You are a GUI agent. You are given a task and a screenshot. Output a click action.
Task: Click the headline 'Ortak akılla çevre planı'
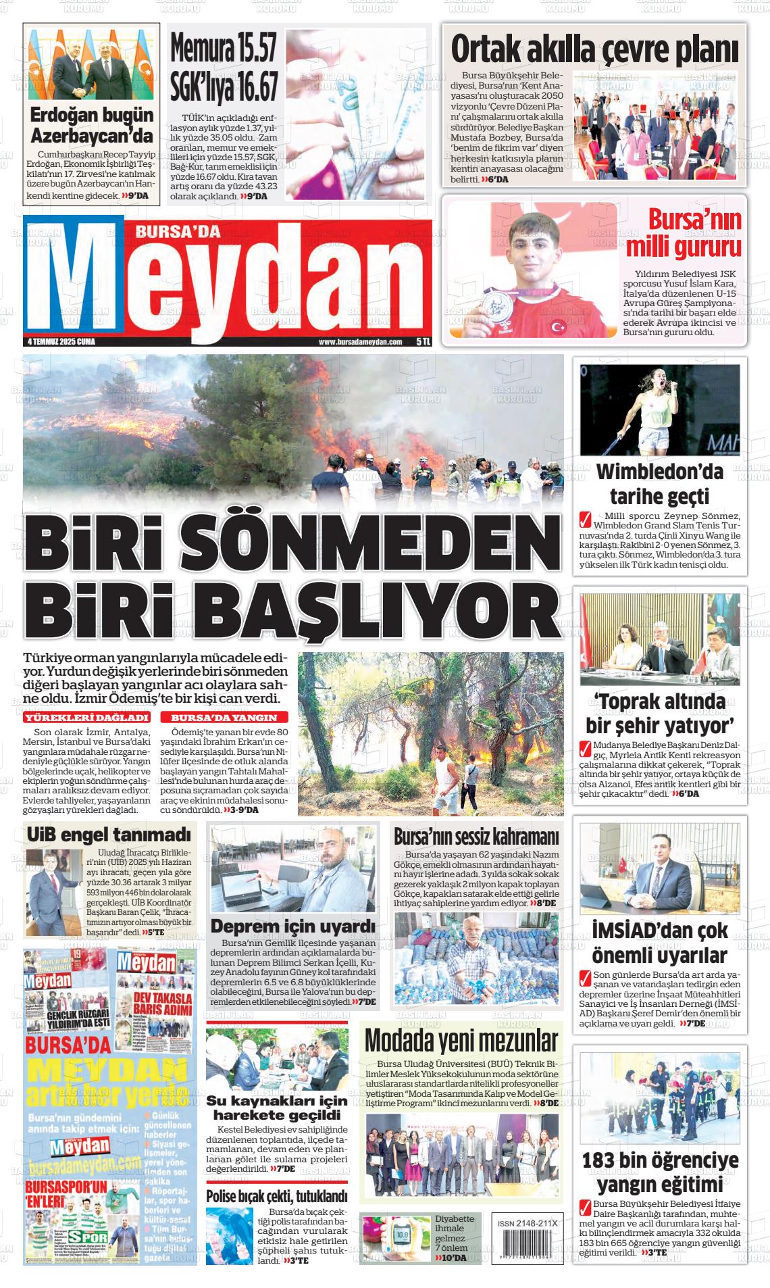point(594,49)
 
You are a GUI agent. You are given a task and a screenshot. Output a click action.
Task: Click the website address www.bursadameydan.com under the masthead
point(360,342)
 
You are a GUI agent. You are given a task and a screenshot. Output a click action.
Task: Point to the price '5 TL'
point(423,342)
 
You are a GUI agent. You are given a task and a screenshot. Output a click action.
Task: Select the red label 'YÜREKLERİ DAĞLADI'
point(86,717)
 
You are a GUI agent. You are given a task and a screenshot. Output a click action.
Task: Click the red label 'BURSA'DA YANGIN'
point(224,717)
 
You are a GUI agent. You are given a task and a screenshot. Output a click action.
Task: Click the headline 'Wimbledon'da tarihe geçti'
point(659,484)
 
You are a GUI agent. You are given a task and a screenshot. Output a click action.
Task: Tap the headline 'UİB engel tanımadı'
point(109,835)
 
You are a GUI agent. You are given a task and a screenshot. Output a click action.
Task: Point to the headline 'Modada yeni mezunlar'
point(461,1041)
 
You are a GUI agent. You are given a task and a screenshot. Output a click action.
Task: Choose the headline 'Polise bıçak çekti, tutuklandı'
point(276,1196)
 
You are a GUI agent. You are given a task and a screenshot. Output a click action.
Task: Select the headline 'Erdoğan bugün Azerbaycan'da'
point(92,124)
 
